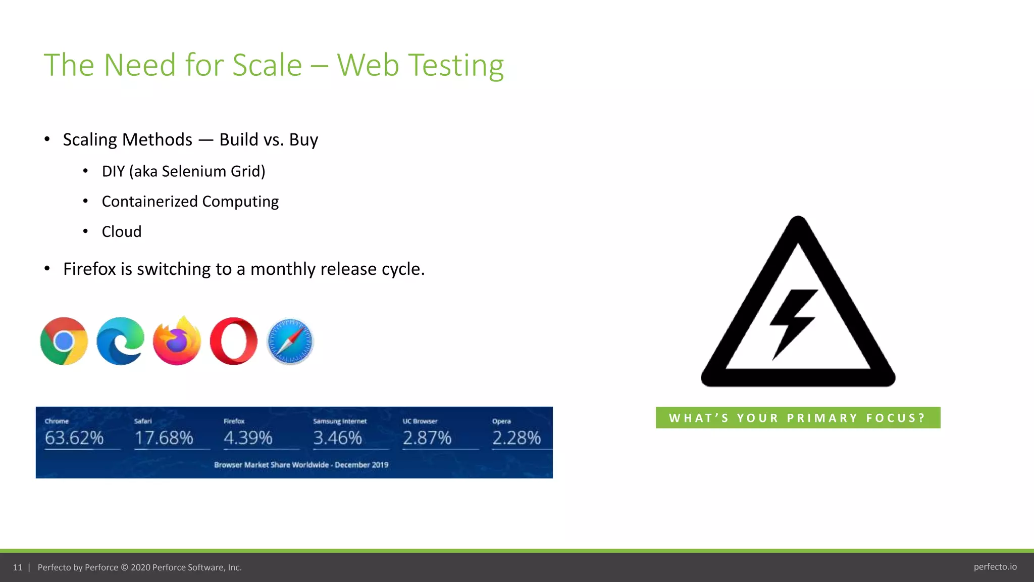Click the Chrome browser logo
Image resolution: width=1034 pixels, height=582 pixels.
64,341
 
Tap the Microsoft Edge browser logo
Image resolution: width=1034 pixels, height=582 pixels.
120,341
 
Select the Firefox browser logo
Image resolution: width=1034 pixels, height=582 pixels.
177,341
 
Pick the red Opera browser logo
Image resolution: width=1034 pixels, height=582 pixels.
233,341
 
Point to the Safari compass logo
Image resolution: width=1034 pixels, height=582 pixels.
290,342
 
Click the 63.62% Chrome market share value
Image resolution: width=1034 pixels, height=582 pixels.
74,438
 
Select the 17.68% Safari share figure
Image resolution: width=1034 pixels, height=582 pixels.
164,438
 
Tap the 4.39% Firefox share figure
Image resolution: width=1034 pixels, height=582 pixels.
248,438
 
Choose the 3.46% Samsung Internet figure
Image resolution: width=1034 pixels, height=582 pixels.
337,438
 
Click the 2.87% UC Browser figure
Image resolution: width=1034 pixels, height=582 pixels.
427,438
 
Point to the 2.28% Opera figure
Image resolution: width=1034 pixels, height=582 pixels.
516,438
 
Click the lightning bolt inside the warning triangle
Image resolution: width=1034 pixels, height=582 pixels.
792,323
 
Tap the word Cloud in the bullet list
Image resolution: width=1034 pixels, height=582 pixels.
122,231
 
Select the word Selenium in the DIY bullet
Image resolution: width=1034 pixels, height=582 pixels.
194,171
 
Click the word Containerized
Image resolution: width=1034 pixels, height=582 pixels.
149,202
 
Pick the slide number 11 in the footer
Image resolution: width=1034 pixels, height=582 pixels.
18,567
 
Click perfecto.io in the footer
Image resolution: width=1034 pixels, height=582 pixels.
995,567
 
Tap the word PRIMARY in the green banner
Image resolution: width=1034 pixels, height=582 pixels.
822,418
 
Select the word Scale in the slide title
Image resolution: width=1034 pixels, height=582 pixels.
267,65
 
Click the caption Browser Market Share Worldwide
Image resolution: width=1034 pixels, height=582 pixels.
272,465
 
